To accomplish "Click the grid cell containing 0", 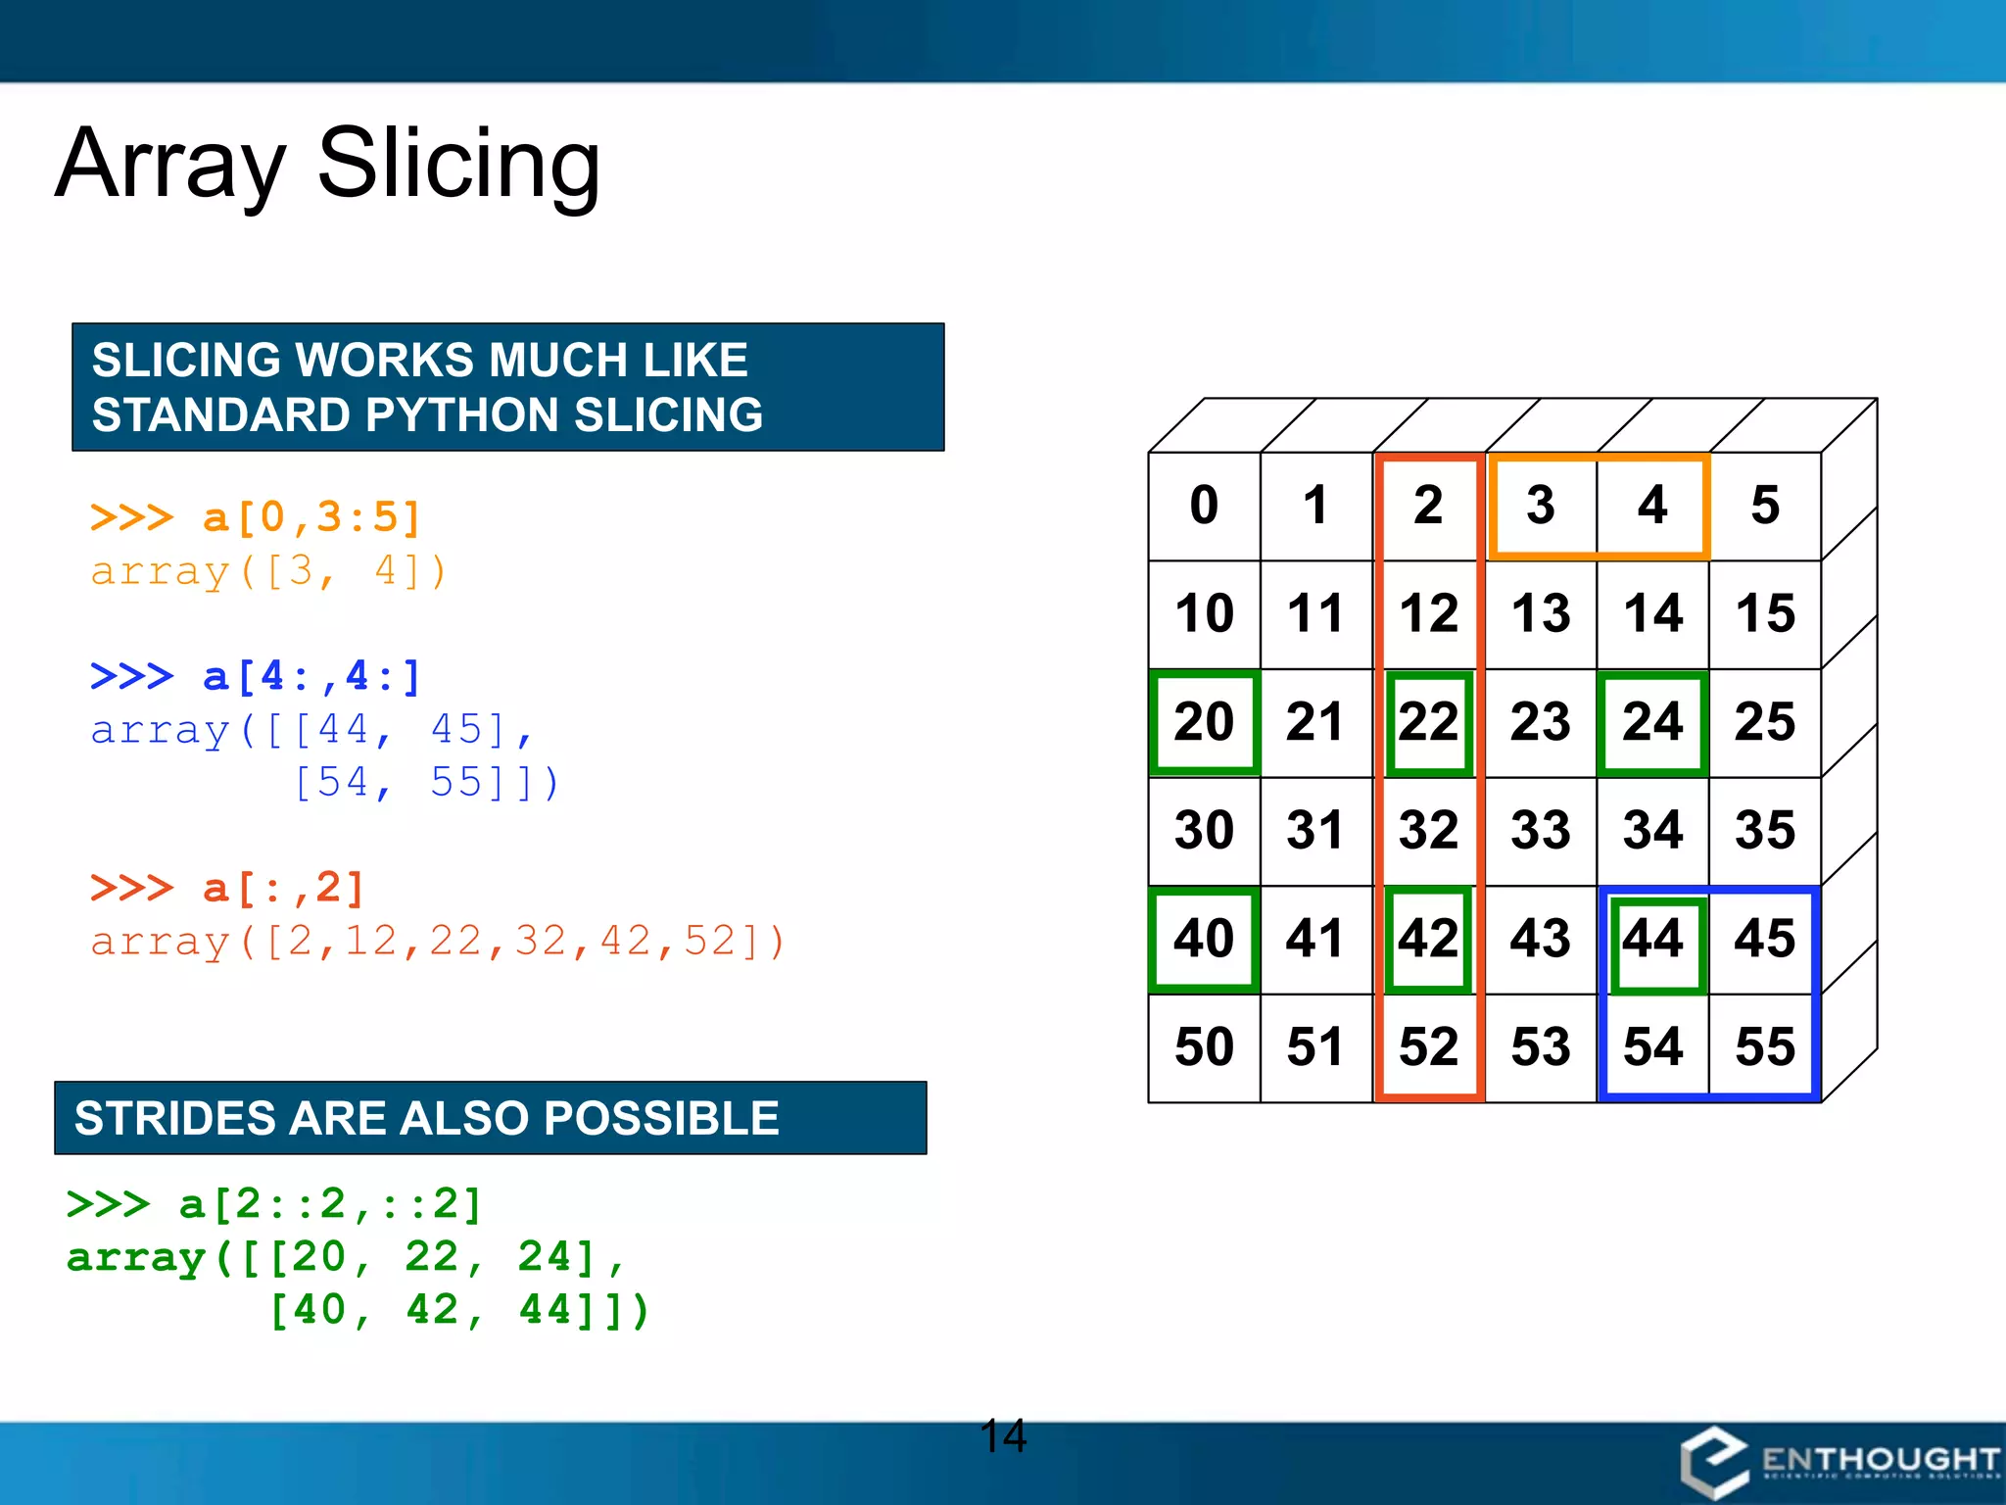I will [1204, 506].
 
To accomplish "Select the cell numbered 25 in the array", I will [1764, 722].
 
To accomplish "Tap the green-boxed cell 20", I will [1204, 722].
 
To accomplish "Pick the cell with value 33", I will [1541, 830].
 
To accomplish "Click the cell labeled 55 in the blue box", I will [1764, 1046].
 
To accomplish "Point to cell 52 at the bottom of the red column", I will [1428, 1046].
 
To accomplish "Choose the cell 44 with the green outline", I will [1652, 939].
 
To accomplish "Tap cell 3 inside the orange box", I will [1541, 506].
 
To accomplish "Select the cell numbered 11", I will [1315, 614].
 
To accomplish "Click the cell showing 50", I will [1204, 1046].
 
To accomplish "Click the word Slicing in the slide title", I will [458, 165].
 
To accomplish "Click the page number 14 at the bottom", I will [1003, 1436].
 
